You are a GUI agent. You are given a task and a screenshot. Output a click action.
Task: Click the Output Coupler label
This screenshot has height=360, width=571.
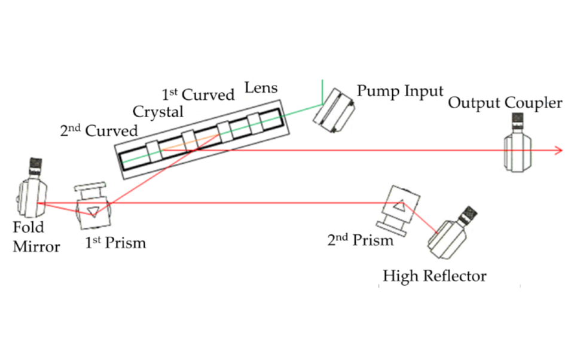point(505,103)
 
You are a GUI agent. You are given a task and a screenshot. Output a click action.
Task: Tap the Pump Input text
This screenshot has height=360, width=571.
point(400,91)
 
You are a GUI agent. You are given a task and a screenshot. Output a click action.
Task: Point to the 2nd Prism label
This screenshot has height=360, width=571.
point(360,240)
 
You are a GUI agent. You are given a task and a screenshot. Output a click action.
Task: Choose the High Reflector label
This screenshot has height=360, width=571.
point(434,276)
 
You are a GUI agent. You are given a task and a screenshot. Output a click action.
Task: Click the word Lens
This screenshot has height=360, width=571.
point(261,89)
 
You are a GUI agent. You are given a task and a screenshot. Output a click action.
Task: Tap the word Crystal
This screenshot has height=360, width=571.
point(158,111)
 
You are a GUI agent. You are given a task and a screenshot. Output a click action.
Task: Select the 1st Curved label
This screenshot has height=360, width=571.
point(198,95)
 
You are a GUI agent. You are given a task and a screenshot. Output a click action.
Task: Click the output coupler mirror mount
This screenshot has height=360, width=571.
point(517,153)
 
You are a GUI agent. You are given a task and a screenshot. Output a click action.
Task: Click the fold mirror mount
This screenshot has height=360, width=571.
point(29,197)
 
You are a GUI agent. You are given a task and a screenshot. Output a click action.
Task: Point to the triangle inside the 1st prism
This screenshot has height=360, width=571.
point(93,210)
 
